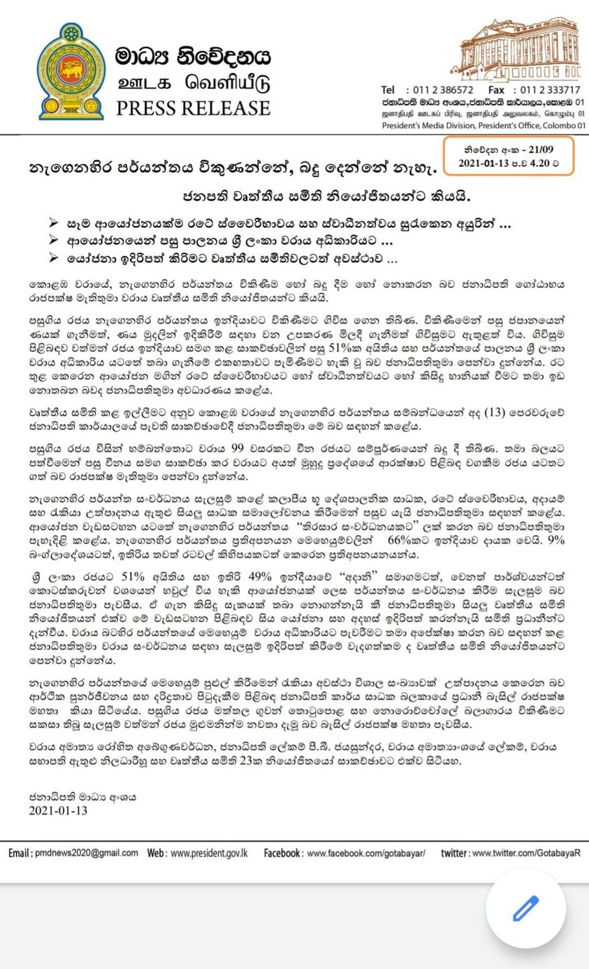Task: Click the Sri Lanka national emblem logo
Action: click(x=70, y=71)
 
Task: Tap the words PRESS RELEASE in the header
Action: click(x=193, y=108)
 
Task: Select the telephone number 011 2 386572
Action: click(x=444, y=89)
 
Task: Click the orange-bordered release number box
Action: click(x=509, y=155)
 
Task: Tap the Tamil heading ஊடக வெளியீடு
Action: click(x=193, y=82)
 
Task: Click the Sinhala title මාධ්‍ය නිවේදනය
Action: click(x=193, y=56)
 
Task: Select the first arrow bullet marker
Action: click(x=54, y=223)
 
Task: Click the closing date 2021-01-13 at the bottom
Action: click(x=58, y=810)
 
